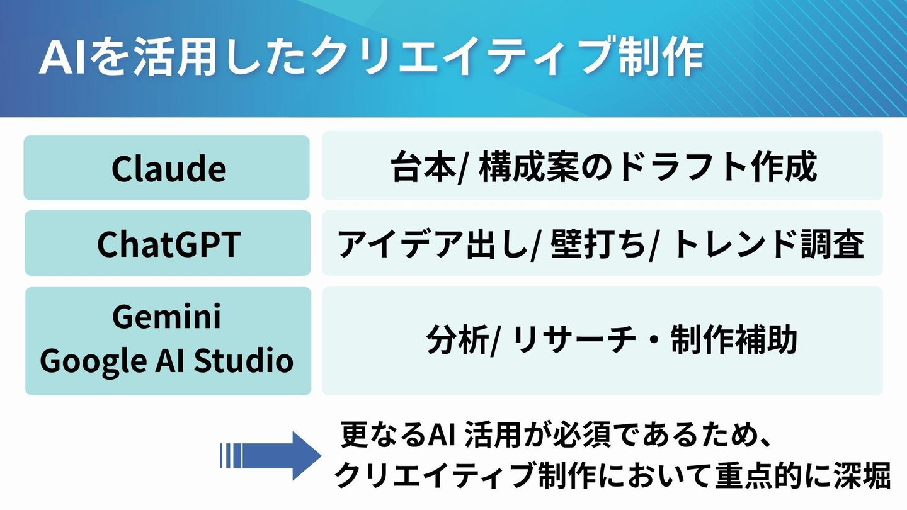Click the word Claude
pos(169,168)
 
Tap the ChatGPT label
pos(169,244)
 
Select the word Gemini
pos(167,317)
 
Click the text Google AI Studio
pos(167,360)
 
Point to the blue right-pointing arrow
pos(270,456)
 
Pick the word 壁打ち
pos(598,244)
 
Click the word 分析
pos(457,339)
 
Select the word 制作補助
pos(734,339)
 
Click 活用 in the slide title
pos(174,57)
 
